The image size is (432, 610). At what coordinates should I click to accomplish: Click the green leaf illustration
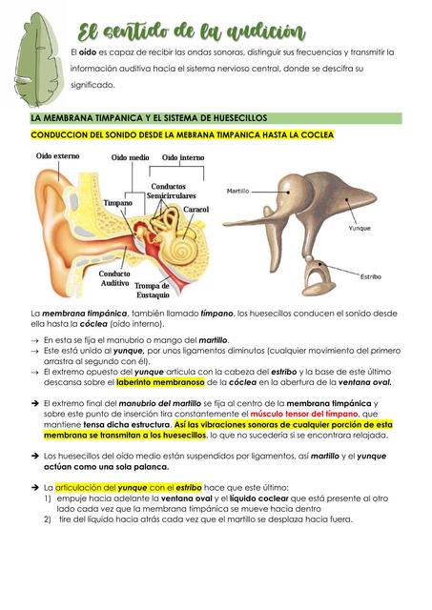[x=35, y=56]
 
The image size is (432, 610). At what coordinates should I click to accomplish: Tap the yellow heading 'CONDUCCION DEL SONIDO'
[x=181, y=135]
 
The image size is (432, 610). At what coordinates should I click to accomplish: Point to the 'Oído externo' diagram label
[x=56, y=155]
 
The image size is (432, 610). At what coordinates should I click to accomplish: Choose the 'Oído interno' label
[x=182, y=157]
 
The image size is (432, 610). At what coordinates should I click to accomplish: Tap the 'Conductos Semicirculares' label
[x=172, y=191]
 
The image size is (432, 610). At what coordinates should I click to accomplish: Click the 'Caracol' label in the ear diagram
[x=196, y=209]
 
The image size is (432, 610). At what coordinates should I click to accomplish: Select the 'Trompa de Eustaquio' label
[x=153, y=290]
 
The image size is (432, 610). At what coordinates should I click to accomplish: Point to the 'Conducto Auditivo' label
[x=114, y=278]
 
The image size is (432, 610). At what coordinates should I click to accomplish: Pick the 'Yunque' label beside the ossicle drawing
[x=360, y=229]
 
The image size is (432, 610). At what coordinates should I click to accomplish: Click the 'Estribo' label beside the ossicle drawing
[x=371, y=276]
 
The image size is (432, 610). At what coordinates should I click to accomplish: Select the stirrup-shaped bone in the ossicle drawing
[x=315, y=277]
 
